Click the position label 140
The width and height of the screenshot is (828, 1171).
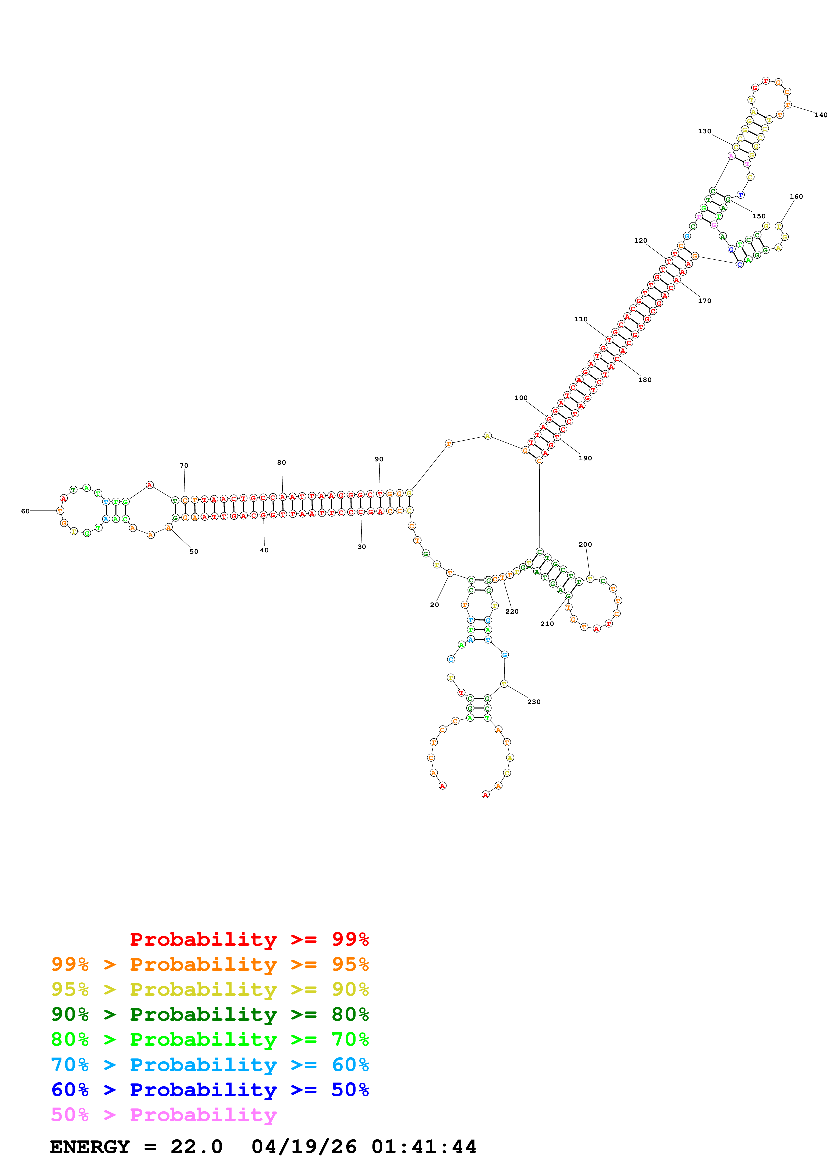pyautogui.click(x=820, y=115)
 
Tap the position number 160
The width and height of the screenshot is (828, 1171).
pyautogui.click(x=796, y=196)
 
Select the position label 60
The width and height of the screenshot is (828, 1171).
pyautogui.click(x=25, y=511)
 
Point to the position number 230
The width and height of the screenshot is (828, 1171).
pyautogui.click(x=534, y=702)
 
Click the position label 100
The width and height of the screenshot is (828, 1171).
pyautogui.click(x=521, y=398)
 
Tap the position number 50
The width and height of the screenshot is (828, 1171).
pyautogui.click(x=194, y=551)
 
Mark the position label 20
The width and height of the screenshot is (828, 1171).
pyautogui.click(x=434, y=605)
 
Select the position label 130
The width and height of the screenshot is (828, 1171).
pyautogui.click(x=704, y=131)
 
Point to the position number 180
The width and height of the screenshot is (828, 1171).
pyautogui.click(x=645, y=380)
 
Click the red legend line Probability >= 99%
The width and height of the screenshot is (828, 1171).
pyautogui.click(x=249, y=939)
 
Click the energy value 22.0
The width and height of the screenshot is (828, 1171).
pyautogui.click(x=196, y=1147)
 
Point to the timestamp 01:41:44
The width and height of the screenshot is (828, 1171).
pyautogui.click(x=424, y=1147)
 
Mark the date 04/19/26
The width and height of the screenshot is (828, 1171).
pyautogui.click(x=304, y=1147)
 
